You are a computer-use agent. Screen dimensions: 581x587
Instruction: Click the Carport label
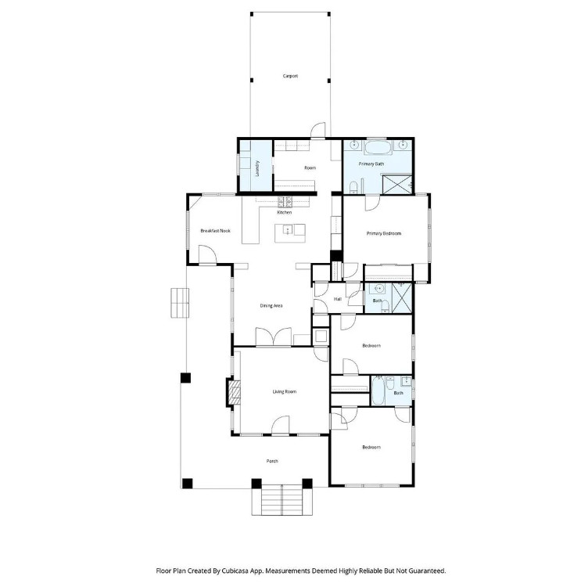(290, 76)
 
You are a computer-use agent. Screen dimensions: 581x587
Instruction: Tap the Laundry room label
(257, 168)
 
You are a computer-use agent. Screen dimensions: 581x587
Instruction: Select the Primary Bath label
(371, 164)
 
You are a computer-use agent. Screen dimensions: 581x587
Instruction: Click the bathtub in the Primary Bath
(378, 148)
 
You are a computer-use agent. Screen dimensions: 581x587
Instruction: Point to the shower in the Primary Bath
(397, 185)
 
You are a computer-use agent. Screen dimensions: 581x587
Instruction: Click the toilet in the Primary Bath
(353, 188)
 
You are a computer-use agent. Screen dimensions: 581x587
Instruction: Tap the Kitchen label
(285, 212)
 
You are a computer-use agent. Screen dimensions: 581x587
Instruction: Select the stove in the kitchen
(285, 202)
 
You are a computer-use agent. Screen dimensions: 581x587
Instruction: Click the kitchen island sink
(287, 229)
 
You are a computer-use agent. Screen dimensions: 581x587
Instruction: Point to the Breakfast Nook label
(216, 231)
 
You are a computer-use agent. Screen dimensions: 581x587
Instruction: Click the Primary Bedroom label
(384, 233)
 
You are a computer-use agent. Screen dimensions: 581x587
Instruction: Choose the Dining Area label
(271, 305)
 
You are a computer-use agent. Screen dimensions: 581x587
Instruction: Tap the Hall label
(338, 299)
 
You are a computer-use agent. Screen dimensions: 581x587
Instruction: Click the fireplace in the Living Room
(234, 392)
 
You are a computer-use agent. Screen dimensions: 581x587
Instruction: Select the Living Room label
(285, 391)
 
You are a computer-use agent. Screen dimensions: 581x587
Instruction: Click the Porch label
(272, 461)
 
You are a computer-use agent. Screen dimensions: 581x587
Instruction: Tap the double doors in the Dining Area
(274, 337)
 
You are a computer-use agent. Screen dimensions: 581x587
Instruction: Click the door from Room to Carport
(318, 131)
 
